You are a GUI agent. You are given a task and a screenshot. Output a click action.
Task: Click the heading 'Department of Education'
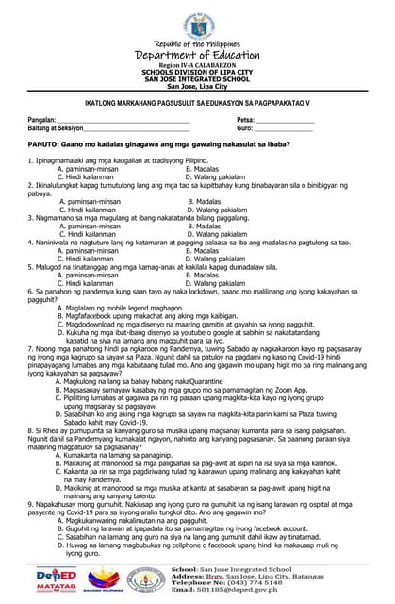(198, 55)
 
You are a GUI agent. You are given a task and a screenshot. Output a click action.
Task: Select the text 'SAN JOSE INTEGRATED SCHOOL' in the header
(198, 79)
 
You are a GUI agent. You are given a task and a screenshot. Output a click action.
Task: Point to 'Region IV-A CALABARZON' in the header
(198, 65)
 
